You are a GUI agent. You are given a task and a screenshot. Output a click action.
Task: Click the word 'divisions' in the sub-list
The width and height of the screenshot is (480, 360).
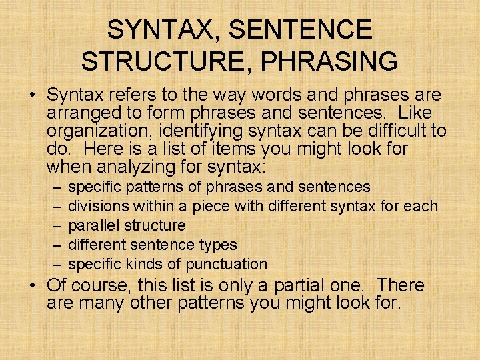99,206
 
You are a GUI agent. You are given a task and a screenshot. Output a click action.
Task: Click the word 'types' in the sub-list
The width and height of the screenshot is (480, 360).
218,245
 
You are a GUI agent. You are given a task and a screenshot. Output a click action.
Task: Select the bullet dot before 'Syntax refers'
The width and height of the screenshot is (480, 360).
32,95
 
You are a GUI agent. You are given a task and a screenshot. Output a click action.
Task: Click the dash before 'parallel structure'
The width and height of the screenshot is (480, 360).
53,225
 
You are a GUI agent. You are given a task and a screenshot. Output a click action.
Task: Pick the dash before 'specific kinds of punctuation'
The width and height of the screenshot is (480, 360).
53,264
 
